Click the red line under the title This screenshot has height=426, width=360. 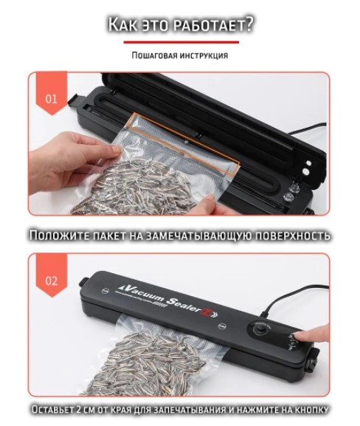tap(181, 42)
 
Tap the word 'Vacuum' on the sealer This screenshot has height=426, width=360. tap(141, 293)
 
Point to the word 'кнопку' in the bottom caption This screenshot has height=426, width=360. tap(310, 410)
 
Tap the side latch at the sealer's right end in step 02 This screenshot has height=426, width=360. tap(312, 361)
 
